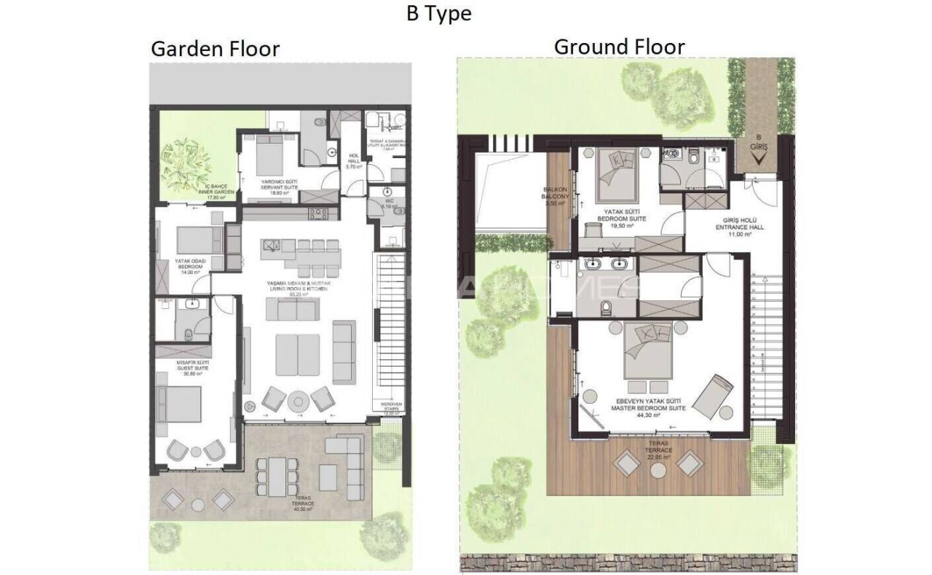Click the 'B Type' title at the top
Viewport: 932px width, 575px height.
(438, 13)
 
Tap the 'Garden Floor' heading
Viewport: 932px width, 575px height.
(215, 49)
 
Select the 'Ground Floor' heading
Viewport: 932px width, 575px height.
(619, 47)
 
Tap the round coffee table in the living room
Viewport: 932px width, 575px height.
(299, 400)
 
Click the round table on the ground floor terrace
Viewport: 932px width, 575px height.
(658, 471)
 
